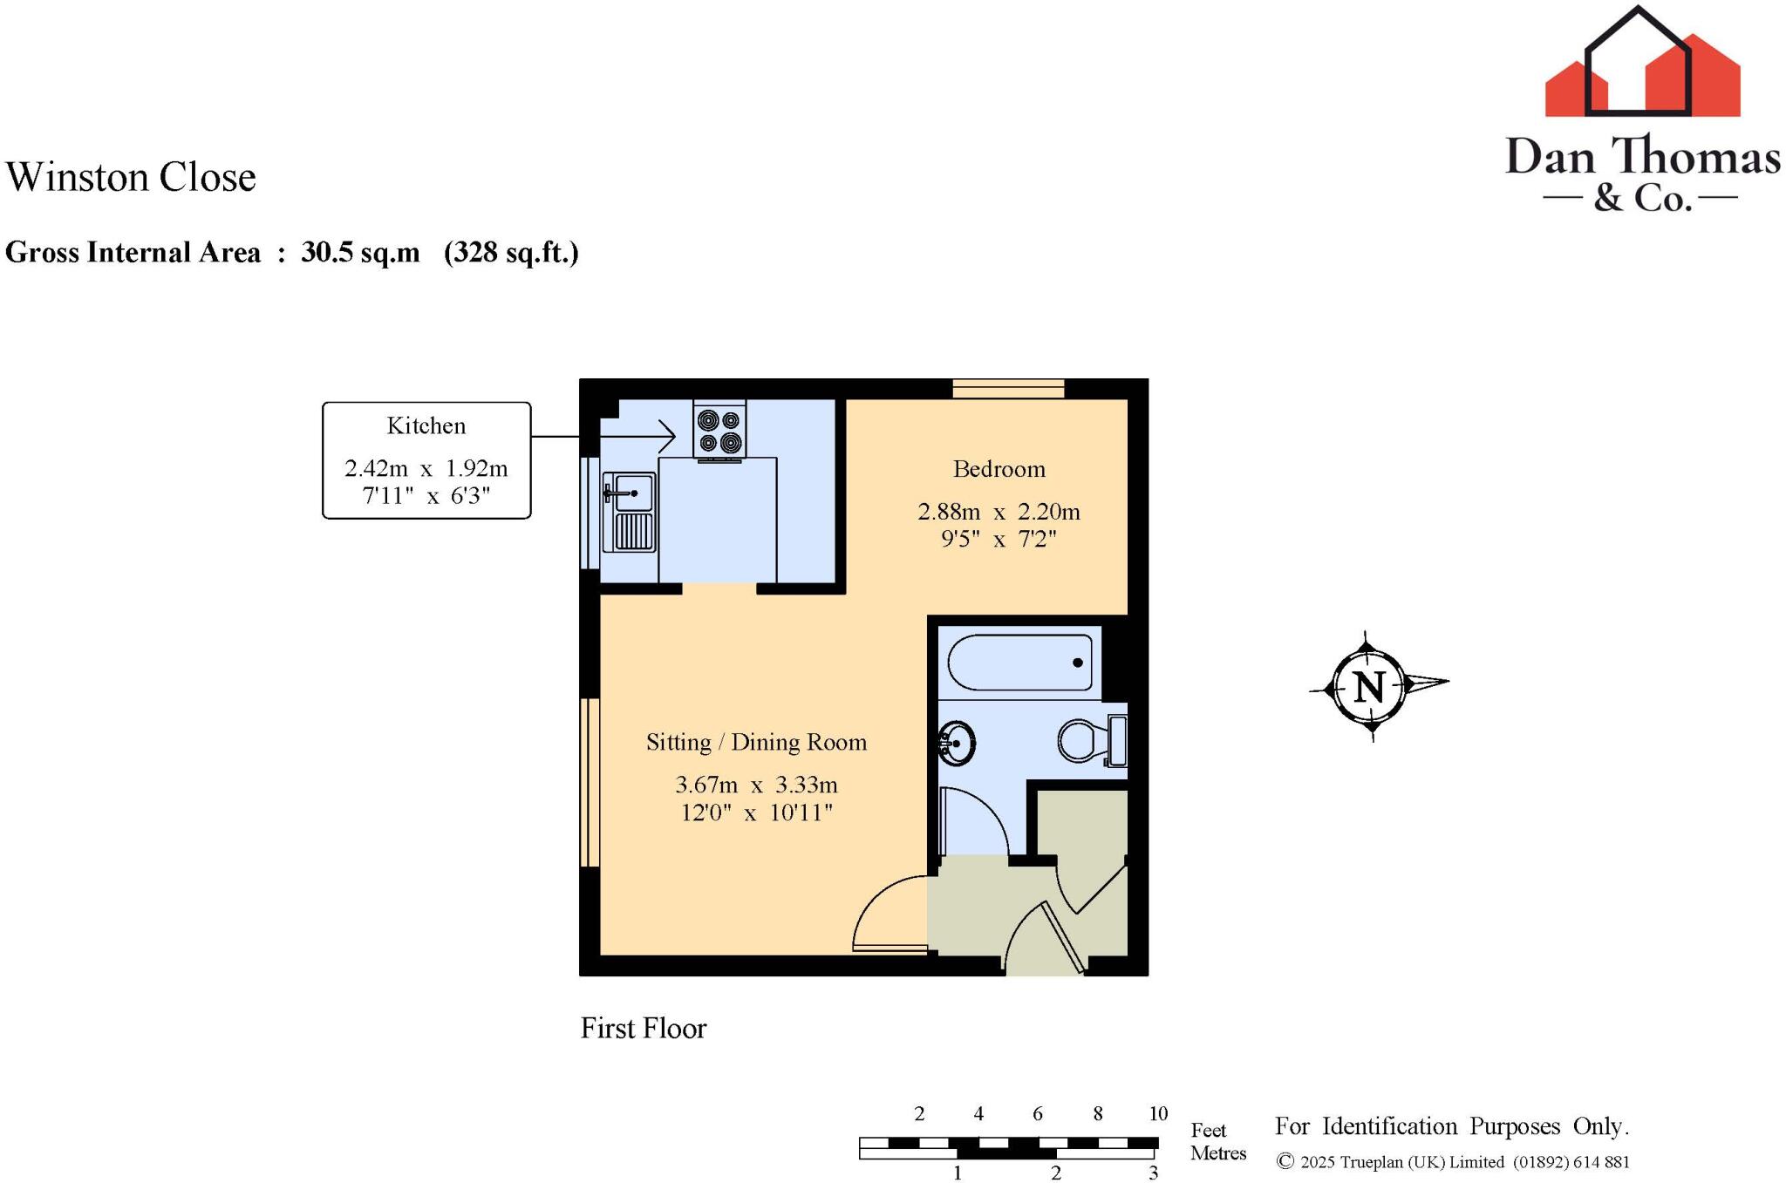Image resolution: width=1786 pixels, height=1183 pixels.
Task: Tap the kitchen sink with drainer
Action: [x=630, y=513]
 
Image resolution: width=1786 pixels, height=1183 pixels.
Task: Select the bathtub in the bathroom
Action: [x=1019, y=663]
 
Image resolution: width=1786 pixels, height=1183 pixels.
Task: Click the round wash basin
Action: [x=957, y=744]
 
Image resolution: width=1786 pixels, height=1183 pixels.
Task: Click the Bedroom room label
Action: [x=999, y=469]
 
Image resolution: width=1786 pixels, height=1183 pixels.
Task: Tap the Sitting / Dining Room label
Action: [x=756, y=742]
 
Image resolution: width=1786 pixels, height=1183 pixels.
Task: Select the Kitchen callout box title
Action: [x=426, y=425]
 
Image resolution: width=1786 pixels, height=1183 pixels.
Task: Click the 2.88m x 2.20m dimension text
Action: [x=999, y=512]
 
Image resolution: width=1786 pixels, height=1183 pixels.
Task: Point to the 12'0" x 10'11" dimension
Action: [x=756, y=813]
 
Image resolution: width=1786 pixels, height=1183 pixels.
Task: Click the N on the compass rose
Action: [x=1368, y=688]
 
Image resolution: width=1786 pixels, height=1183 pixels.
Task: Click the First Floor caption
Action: [x=643, y=1029]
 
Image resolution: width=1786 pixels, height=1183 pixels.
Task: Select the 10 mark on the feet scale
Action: [x=1157, y=1113]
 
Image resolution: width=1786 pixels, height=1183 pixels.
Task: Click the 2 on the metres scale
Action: [x=1055, y=1173]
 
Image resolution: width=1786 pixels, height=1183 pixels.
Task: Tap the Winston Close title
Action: [x=131, y=177]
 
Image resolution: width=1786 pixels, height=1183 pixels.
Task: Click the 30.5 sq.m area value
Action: [x=360, y=253]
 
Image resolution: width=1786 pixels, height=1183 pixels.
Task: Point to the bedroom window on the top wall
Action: [x=1008, y=388]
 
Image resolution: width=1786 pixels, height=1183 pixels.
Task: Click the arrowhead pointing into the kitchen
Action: [x=667, y=436]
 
